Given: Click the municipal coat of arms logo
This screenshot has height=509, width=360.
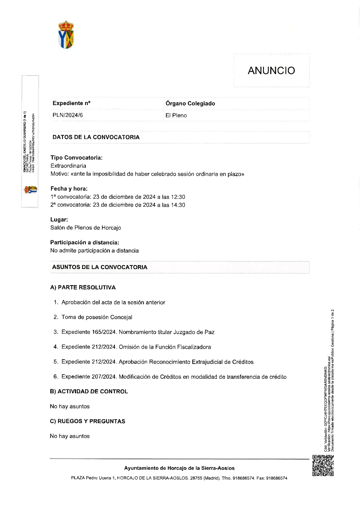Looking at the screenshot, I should pos(66,35).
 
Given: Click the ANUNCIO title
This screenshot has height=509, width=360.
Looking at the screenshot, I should pos(271,71).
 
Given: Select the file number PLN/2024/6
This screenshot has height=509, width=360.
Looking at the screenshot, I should pos(67,115).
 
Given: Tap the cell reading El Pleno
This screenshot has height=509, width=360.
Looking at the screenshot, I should pos(176,115).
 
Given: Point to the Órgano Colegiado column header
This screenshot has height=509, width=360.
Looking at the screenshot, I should pos(190,104).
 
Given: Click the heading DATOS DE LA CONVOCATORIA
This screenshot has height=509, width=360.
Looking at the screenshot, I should pos(96,137).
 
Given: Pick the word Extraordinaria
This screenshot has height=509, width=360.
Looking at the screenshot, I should pos(68,166).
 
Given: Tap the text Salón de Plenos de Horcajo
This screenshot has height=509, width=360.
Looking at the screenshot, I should pos(85,227).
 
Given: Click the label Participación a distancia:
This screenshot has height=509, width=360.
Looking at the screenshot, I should pos(85,243).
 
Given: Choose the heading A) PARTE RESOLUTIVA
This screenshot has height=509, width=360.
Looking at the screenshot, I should pos(83,287).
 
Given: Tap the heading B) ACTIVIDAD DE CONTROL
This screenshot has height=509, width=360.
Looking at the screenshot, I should pos(89,391).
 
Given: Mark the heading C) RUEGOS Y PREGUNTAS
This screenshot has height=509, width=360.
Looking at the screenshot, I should pos(87,421).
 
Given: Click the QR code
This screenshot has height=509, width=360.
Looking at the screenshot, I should pos(323,465).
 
